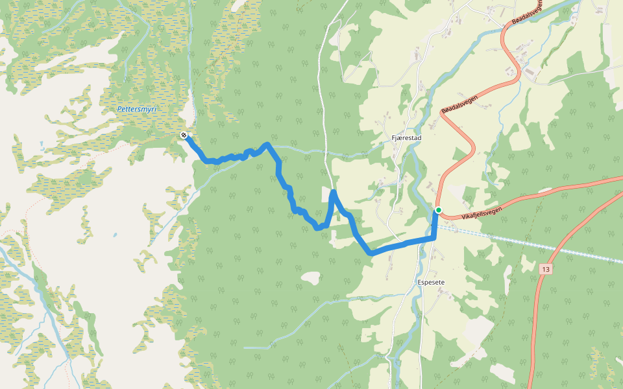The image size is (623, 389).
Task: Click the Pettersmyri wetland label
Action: point(138,110)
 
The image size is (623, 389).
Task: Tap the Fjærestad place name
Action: point(408,139)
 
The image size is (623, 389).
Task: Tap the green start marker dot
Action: point(439,210)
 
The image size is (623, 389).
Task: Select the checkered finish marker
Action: point(184,135)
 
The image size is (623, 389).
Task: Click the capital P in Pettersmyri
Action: point(120,110)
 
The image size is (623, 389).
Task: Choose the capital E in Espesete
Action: point(419,283)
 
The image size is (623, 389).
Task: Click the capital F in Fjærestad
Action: point(395,139)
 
